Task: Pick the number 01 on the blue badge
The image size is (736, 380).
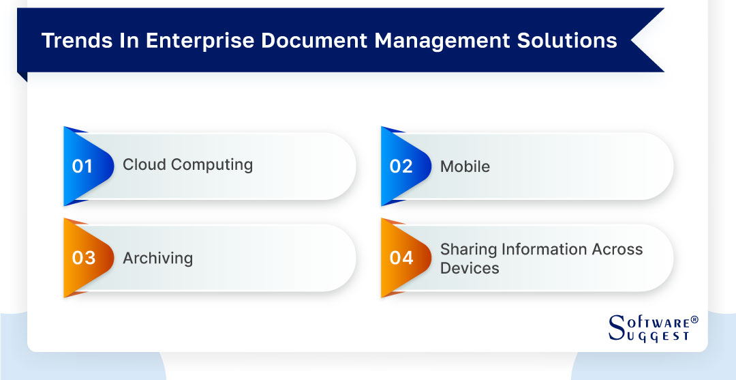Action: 82,166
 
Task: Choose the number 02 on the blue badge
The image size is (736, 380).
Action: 401,166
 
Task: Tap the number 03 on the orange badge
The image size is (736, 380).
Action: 83,258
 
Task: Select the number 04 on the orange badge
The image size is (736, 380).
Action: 401,258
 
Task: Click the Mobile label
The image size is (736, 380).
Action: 465,166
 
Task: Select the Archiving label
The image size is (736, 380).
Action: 157,259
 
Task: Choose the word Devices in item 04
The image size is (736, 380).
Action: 470,268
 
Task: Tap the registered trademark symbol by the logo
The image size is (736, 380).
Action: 694,319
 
